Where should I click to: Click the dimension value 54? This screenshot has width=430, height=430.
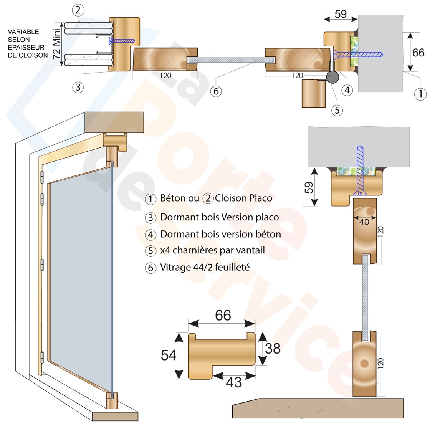[x=169, y=355]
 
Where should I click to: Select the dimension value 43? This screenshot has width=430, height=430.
[x=234, y=382]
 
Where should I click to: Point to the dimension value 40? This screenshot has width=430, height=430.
[x=364, y=222]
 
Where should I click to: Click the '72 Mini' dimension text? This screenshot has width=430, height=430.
[x=56, y=43]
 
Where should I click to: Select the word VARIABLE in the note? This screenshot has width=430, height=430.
[x=23, y=32]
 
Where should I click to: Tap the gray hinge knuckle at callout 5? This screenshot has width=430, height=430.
[x=332, y=77]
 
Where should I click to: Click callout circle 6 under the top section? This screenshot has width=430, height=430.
[x=216, y=91]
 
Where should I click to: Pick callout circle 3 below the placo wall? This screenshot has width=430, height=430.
[x=78, y=87]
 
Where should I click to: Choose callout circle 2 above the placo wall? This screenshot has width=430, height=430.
[x=78, y=10]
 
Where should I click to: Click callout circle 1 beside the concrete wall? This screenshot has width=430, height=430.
[x=420, y=94]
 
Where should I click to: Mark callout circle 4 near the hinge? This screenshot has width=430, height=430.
[x=347, y=90]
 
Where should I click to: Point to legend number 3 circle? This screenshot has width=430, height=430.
[x=150, y=218]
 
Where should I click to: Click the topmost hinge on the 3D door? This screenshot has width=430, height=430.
[x=42, y=177]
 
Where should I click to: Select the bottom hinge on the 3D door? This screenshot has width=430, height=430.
[x=42, y=357]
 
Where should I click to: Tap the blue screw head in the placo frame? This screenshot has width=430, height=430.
[x=111, y=41]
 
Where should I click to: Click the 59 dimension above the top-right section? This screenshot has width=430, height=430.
[x=341, y=14]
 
